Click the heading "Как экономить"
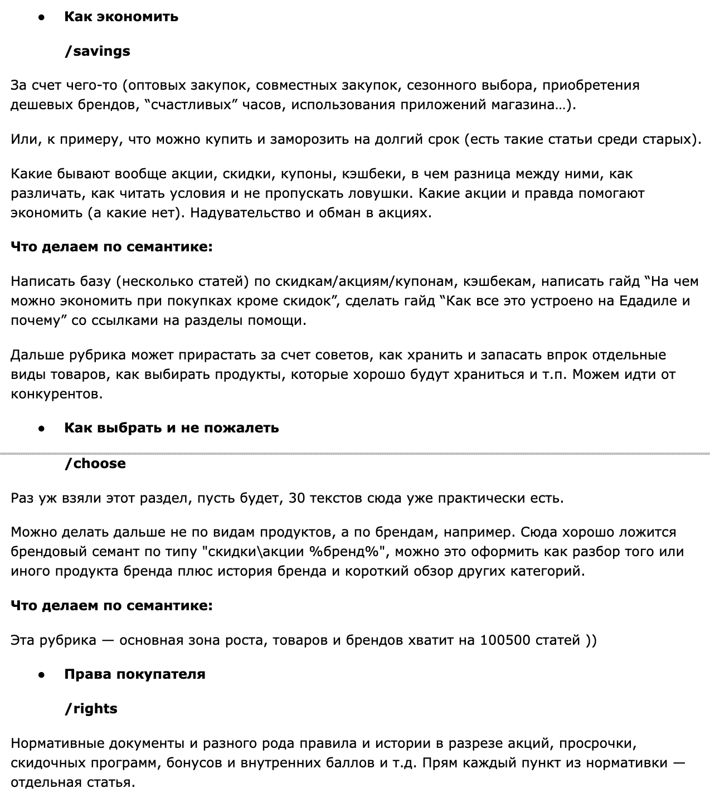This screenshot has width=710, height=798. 121,17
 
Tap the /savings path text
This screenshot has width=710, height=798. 98,51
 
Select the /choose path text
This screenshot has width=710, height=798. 95,464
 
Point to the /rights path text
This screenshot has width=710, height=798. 91,709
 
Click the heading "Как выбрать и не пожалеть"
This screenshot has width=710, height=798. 172,428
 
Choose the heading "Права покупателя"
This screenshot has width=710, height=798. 135,674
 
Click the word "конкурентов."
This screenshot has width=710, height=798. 57,394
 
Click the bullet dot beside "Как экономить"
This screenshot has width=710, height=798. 41,17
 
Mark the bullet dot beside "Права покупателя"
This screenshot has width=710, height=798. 41,675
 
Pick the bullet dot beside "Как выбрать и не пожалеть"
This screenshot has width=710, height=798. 41,429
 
